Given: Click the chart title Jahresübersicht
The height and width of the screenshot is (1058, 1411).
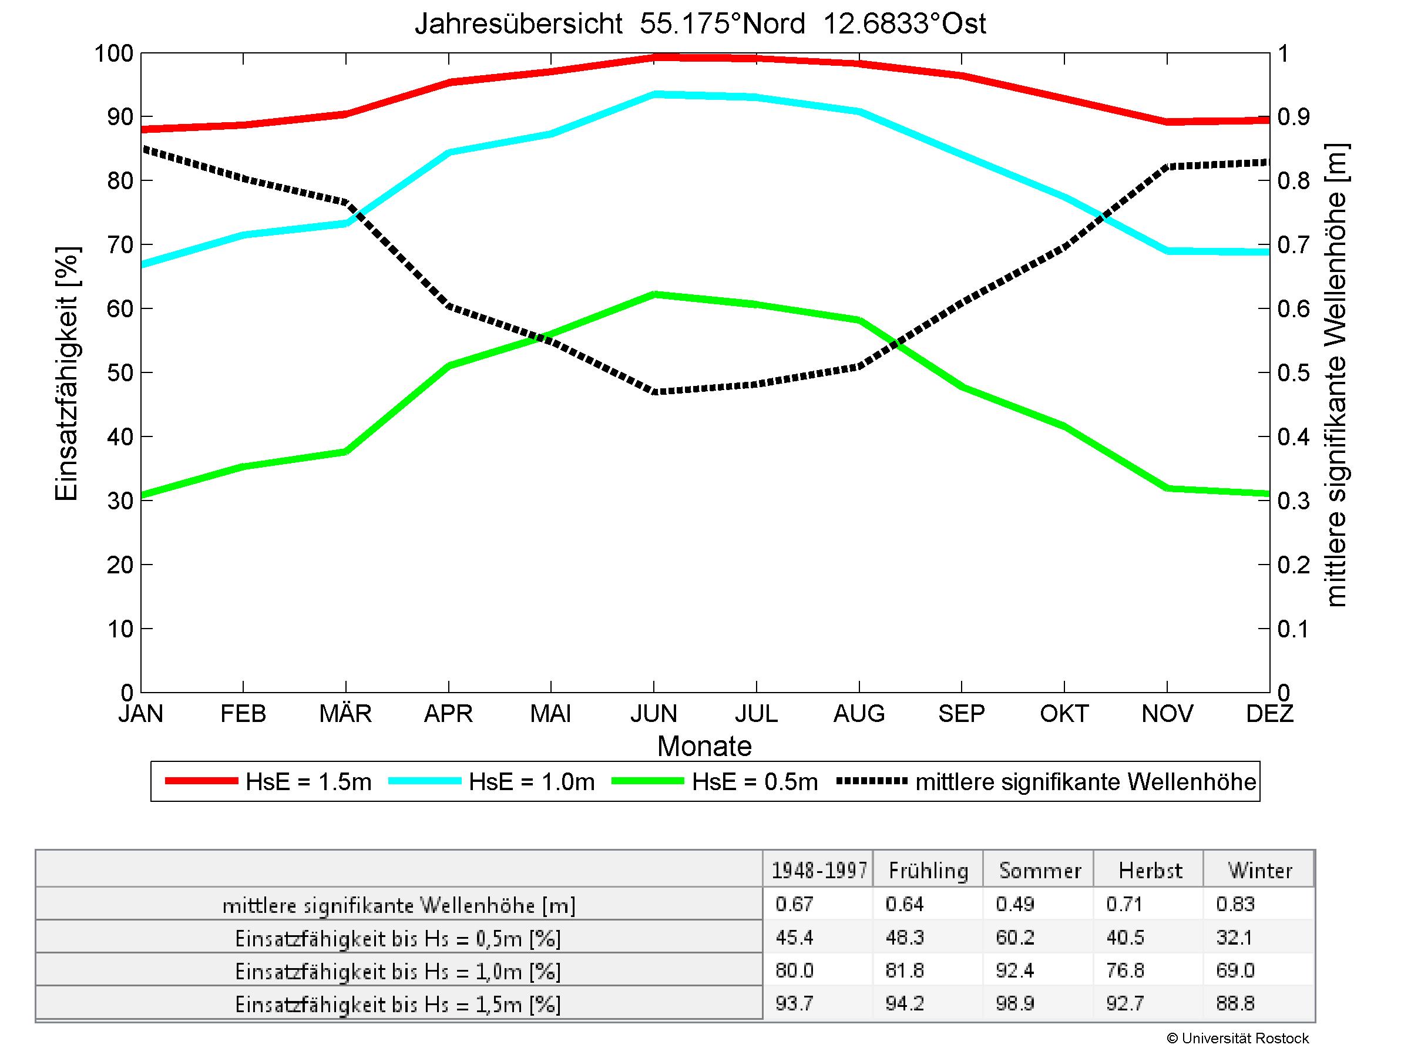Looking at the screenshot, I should pyautogui.click(x=700, y=24).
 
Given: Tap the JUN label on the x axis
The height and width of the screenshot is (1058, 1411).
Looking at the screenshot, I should pyautogui.click(x=653, y=713).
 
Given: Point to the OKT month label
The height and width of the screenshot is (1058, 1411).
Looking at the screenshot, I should pyautogui.click(x=1064, y=713).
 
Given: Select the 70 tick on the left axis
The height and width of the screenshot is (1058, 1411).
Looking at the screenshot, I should pyautogui.click(x=119, y=245).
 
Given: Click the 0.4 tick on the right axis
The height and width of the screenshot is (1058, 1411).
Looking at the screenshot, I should pyautogui.click(x=1293, y=437).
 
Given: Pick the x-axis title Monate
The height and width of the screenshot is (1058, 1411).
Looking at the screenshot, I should pyautogui.click(x=704, y=746).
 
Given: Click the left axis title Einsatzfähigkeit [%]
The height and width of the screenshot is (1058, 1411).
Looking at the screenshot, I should pyautogui.click(x=66, y=373).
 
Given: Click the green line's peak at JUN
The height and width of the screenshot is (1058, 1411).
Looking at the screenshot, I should pyautogui.click(x=654, y=294).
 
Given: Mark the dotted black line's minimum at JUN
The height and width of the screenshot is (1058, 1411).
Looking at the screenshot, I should pyautogui.click(x=654, y=392).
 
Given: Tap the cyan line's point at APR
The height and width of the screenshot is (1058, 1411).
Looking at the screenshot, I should pyautogui.click(x=449, y=152).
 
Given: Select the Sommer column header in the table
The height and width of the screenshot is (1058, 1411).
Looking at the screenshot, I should pyautogui.click(x=1040, y=871).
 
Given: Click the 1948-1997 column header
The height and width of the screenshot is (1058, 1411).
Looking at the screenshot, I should pyautogui.click(x=819, y=871).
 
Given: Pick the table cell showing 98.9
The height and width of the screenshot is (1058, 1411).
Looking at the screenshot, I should pyautogui.click(x=1014, y=1003).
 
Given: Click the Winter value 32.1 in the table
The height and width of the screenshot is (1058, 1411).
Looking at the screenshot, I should pyautogui.click(x=1234, y=937).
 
